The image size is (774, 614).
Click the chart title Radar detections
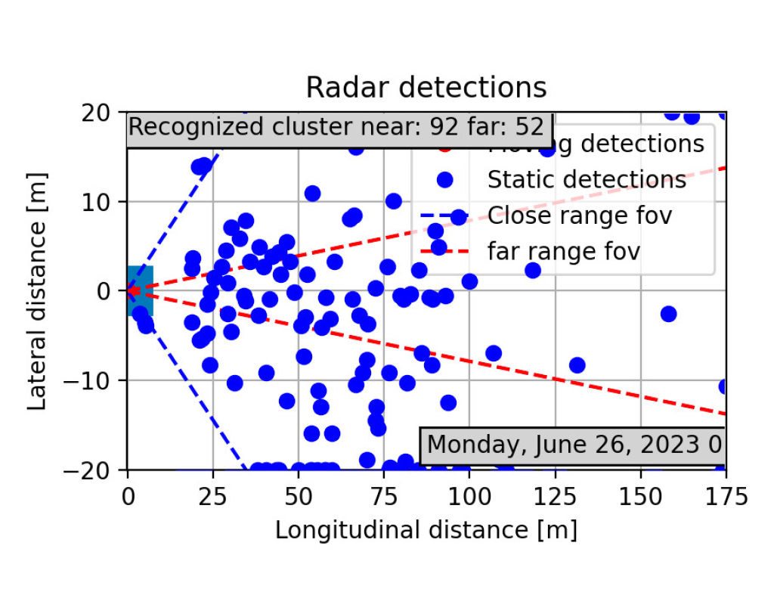(426, 88)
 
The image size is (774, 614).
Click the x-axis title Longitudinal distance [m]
(426, 529)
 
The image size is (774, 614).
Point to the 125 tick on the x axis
(555, 496)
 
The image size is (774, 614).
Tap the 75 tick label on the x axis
(384, 496)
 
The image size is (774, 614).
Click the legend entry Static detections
(587, 180)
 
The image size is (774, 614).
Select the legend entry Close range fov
(579, 216)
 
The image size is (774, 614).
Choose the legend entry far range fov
(563, 251)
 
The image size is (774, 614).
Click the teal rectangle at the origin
(141, 290)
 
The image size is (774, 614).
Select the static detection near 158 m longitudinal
(668, 314)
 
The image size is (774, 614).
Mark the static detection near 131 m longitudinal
(577, 365)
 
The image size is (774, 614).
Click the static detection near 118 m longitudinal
(533, 270)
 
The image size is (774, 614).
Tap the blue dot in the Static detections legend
(444, 180)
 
